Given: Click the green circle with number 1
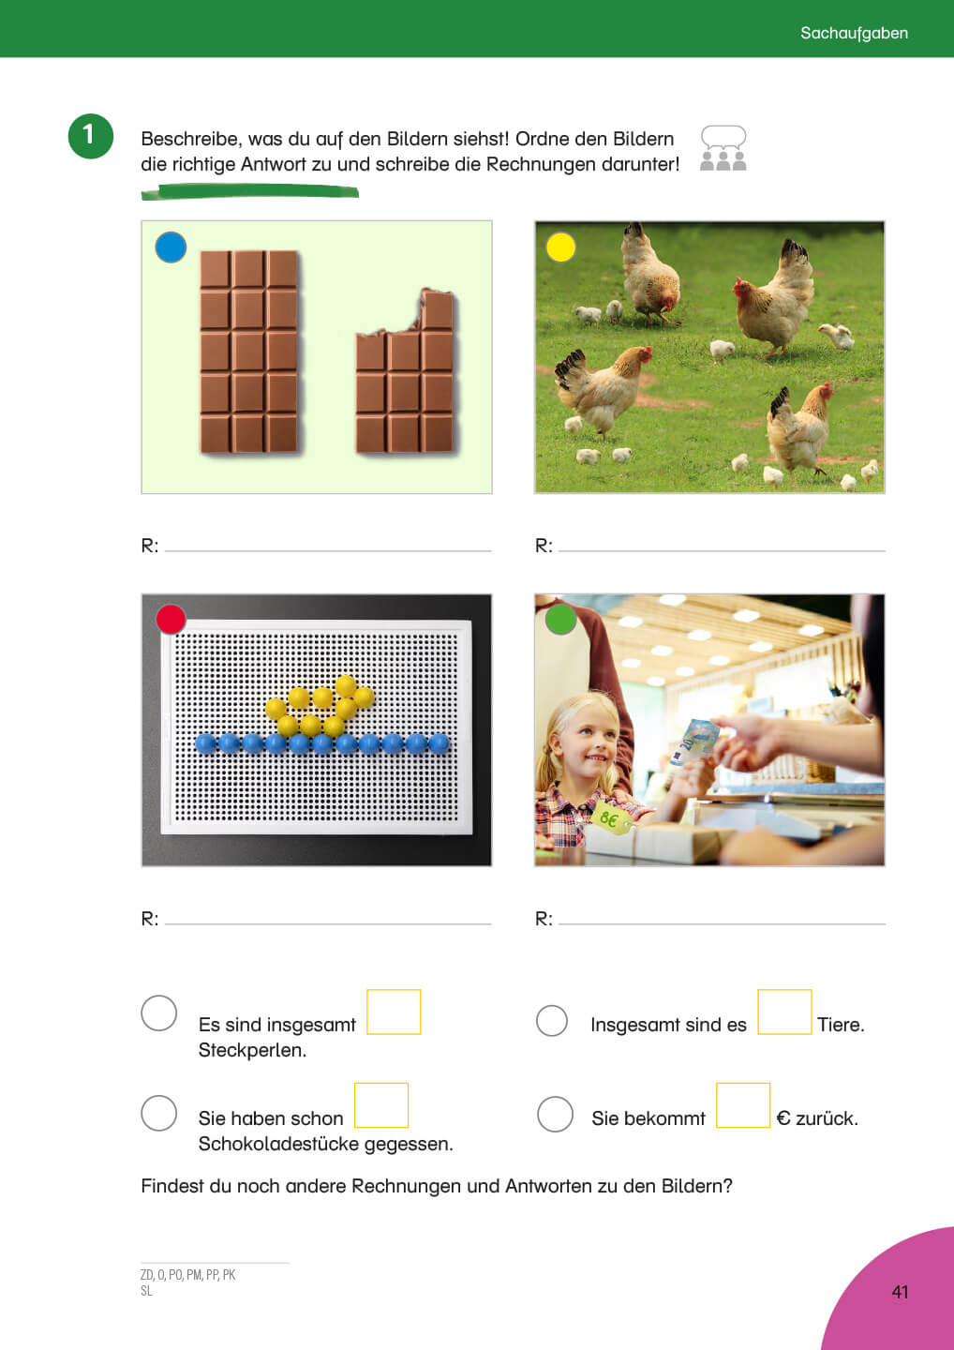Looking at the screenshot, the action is [90, 136].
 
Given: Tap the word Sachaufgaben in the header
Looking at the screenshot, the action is [854, 33].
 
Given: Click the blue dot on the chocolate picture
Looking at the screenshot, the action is [171, 247].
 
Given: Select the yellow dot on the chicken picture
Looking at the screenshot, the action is [560, 247].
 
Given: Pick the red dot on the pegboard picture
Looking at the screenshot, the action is [171, 620].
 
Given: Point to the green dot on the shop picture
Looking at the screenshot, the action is [560, 620].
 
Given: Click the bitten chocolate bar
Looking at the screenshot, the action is [405, 370].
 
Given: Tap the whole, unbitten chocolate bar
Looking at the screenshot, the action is [248, 352].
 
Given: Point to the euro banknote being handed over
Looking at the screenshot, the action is [694, 742].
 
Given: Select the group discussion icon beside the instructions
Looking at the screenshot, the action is [723, 148].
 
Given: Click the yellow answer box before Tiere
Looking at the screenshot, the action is [784, 1012].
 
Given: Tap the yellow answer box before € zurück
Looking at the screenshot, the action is [743, 1105].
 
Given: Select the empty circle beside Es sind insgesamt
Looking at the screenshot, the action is [159, 1013].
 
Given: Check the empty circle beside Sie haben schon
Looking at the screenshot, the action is [159, 1113].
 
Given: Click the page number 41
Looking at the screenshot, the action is [900, 1292].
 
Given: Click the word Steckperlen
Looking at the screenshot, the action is [252, 1050].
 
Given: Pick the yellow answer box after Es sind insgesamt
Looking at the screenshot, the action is [394, 1012].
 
